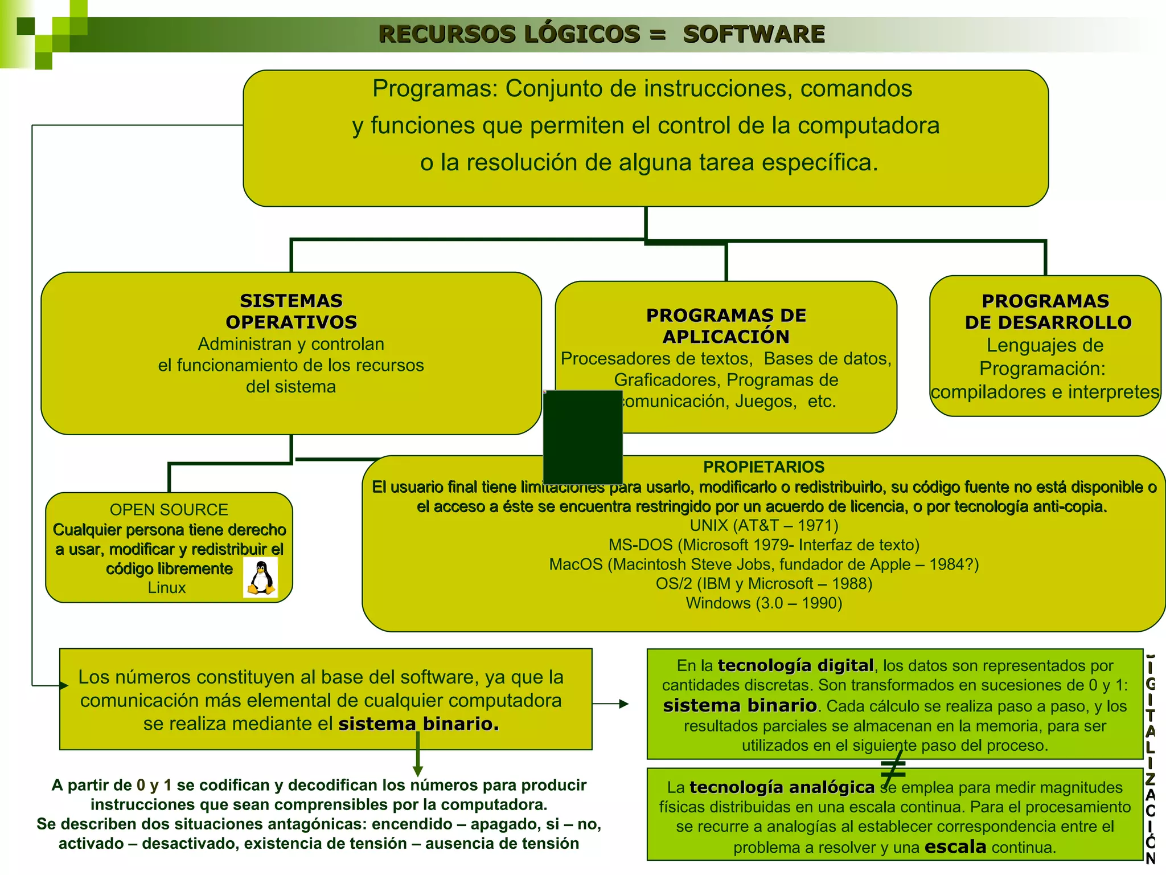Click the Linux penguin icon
[261, 577]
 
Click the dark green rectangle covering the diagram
[582, 437]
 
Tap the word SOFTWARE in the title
[753, 34]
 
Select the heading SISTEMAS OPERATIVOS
[291, 311]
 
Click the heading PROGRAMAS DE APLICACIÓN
[726, 326]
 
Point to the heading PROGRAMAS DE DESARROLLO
[1045, 311]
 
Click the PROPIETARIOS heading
[763, 467]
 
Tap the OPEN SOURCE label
[169, 509]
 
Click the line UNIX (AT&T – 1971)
[763, 525]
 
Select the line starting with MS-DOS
[763, 545]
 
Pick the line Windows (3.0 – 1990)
[763, 603]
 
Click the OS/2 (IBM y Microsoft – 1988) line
[763, 583]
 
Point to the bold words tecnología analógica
[782, 787]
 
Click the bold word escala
[955, 847]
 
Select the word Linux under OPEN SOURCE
[166, 587]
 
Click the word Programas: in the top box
[435, 89]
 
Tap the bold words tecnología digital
[795, 665]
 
